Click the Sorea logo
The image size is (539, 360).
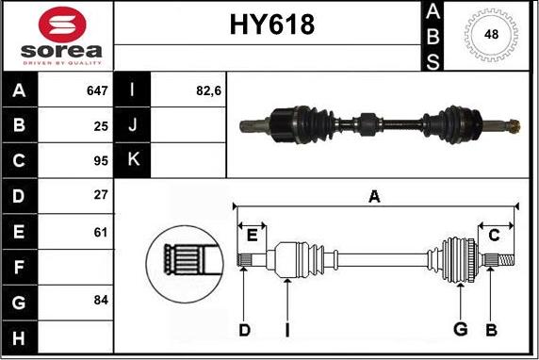[x=57, y=37]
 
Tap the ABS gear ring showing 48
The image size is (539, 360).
[x=490, y=35]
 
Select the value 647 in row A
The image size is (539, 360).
[x=96, y=91]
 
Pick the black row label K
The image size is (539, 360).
[x=132, y=159]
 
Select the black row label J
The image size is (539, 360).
[x=132, y=125]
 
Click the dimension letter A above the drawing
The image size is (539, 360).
[x=374, y=197]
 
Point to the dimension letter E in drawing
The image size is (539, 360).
[x=251, y=234]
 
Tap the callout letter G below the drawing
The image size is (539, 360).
[x=460, y=329]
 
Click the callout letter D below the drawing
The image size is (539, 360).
[x=244, y=329]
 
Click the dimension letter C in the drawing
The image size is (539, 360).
[x=493, y=234]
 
